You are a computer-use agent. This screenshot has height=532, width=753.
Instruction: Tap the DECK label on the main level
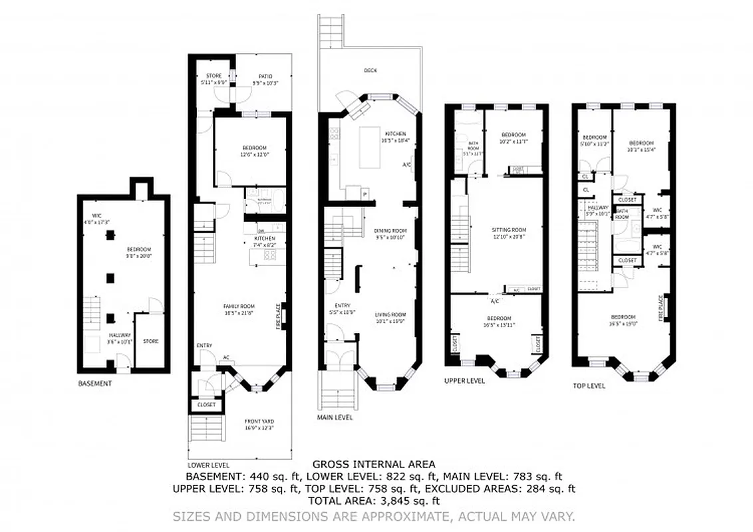click(x=370, y=70)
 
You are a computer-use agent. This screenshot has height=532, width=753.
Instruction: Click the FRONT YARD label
click(x=259, y=421)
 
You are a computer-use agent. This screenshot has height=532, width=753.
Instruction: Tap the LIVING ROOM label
click(x=390, y=315)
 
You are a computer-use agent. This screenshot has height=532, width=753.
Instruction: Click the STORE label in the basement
click(x=150, y=341)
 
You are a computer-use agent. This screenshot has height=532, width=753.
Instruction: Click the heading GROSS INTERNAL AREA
click(x=374, y=464)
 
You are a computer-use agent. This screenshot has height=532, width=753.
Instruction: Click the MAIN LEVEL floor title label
click(x=335, y=418)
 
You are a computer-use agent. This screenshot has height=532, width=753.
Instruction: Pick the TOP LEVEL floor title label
click(x=589, y=386)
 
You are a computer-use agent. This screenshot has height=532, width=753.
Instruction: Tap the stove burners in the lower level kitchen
click(x=271, y=254)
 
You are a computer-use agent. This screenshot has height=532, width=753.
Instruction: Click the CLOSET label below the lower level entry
click(x=206, y=404)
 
